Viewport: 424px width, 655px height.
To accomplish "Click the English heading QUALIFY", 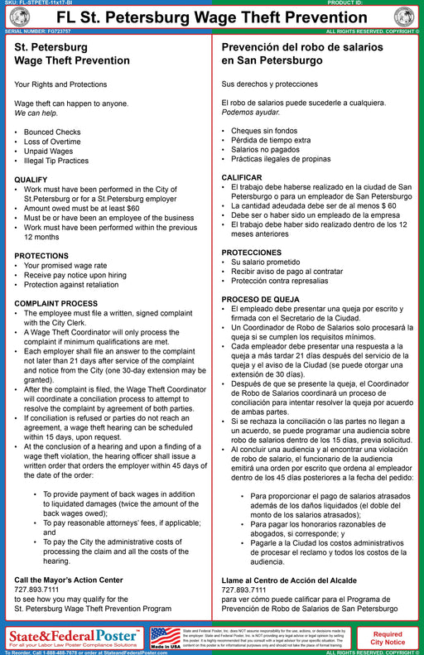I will coord(31,179).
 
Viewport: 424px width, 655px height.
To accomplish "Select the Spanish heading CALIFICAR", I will coord(242,177).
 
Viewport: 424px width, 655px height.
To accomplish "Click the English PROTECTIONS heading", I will coord(41,256).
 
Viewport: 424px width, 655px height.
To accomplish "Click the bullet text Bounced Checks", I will coord(52,132).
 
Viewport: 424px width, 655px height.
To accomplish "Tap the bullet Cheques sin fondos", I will coord(262,131).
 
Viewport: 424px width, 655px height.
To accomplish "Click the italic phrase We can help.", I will coord(37,113).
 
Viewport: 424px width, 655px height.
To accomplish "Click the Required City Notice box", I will coord(388,637).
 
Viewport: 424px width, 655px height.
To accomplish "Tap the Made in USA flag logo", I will coord(165,637).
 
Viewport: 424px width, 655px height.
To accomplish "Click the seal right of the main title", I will coord(405,17).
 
